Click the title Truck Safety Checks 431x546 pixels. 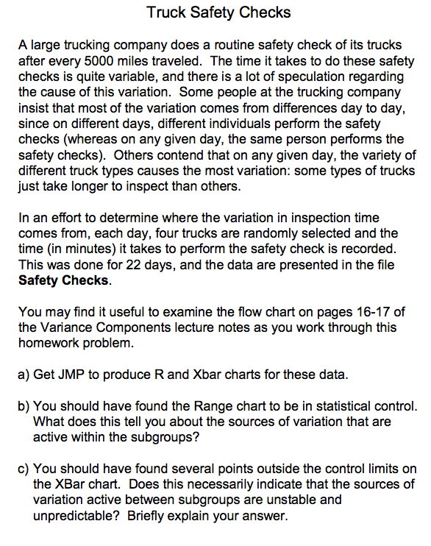pyautogui.click(x=218, y=13)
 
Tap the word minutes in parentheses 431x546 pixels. pyautogui.click(x=73, y=248)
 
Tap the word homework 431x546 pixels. pyautogui.click(x=51, y=342)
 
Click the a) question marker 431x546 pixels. pyautogui.click(x=24, y=374)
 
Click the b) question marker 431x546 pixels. pyautogui.click(x=24, y=405)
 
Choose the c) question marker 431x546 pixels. pyautogui.click(x=24, y=469)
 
